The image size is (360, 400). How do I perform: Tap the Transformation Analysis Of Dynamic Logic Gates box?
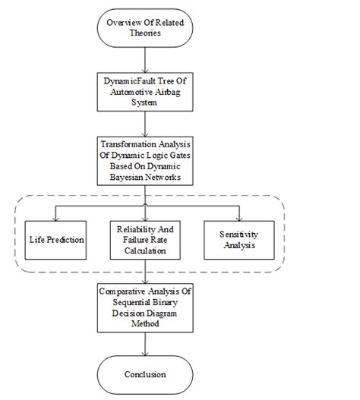(144, 161)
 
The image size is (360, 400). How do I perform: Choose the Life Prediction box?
(55, 239)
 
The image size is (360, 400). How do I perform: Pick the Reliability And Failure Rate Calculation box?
(144, 239)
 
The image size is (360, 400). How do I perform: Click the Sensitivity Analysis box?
(235, 239)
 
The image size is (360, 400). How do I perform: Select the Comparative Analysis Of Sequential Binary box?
(144, 307)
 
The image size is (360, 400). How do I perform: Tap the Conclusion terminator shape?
(144, 374)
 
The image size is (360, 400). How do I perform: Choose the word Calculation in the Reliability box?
(144, 250)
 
